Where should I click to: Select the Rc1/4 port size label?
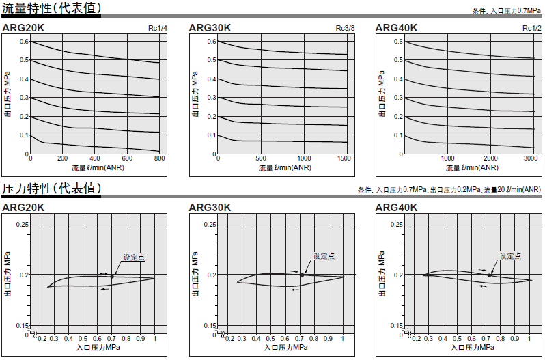pos(158,28)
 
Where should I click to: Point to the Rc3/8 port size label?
pos(346,28)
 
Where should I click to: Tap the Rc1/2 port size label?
pos(532,28)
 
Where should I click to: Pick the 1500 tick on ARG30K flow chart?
pos(345,158)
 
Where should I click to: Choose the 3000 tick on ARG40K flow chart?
pos(531,158)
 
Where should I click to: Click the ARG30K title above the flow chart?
pos(210,28)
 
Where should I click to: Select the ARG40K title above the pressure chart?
pos(397,208)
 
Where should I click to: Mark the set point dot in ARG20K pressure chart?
pos(113,276)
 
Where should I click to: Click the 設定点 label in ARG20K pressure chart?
pos(134,258)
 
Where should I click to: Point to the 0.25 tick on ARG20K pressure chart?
pos(23,225)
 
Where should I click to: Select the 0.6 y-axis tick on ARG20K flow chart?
pos(24,42)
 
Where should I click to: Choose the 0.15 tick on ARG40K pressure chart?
pos(397,326)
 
